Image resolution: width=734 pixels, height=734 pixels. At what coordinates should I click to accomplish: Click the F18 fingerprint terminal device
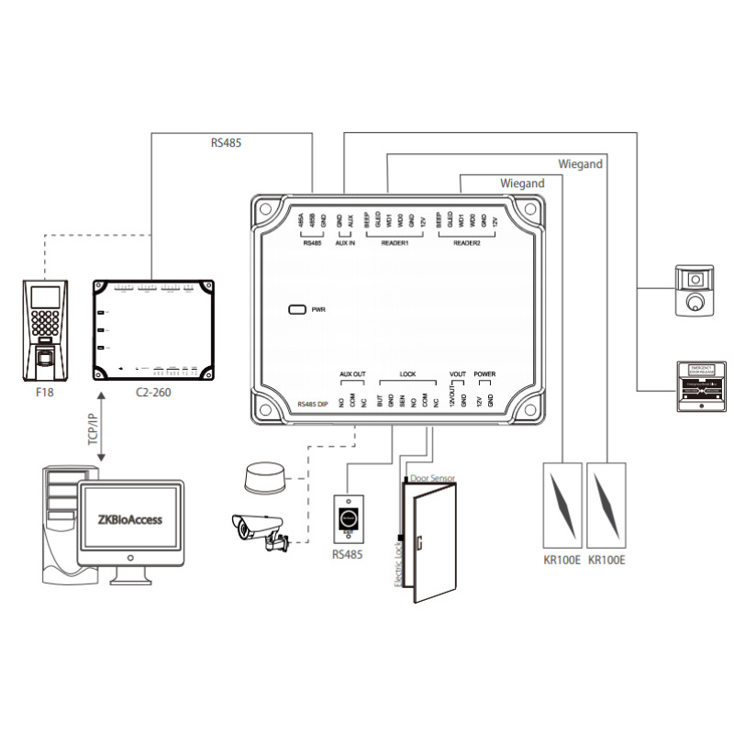tap(45, 331)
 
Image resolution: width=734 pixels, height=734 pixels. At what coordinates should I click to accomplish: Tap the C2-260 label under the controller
tap(152, 392)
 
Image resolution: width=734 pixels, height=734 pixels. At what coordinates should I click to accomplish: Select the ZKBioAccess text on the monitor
tap(129, 519)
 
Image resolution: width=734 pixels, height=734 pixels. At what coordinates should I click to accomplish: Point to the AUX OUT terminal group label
tap(352, 374)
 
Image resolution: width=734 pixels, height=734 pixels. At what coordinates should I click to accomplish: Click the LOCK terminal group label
tap(407, 374)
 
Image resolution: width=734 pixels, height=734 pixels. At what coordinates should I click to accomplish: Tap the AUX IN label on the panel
tap(345, 244)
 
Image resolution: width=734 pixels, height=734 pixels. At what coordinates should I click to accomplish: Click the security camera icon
tap(261, 532)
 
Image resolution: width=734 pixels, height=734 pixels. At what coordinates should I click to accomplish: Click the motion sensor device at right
tap(695, 291)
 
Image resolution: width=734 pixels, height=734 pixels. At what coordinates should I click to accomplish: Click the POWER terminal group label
tap(484, 374)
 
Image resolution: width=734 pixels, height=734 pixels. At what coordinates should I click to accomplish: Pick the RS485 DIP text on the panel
tap(313, 405)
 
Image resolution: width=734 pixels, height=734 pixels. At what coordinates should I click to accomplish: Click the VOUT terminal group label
tap(458, 374)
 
